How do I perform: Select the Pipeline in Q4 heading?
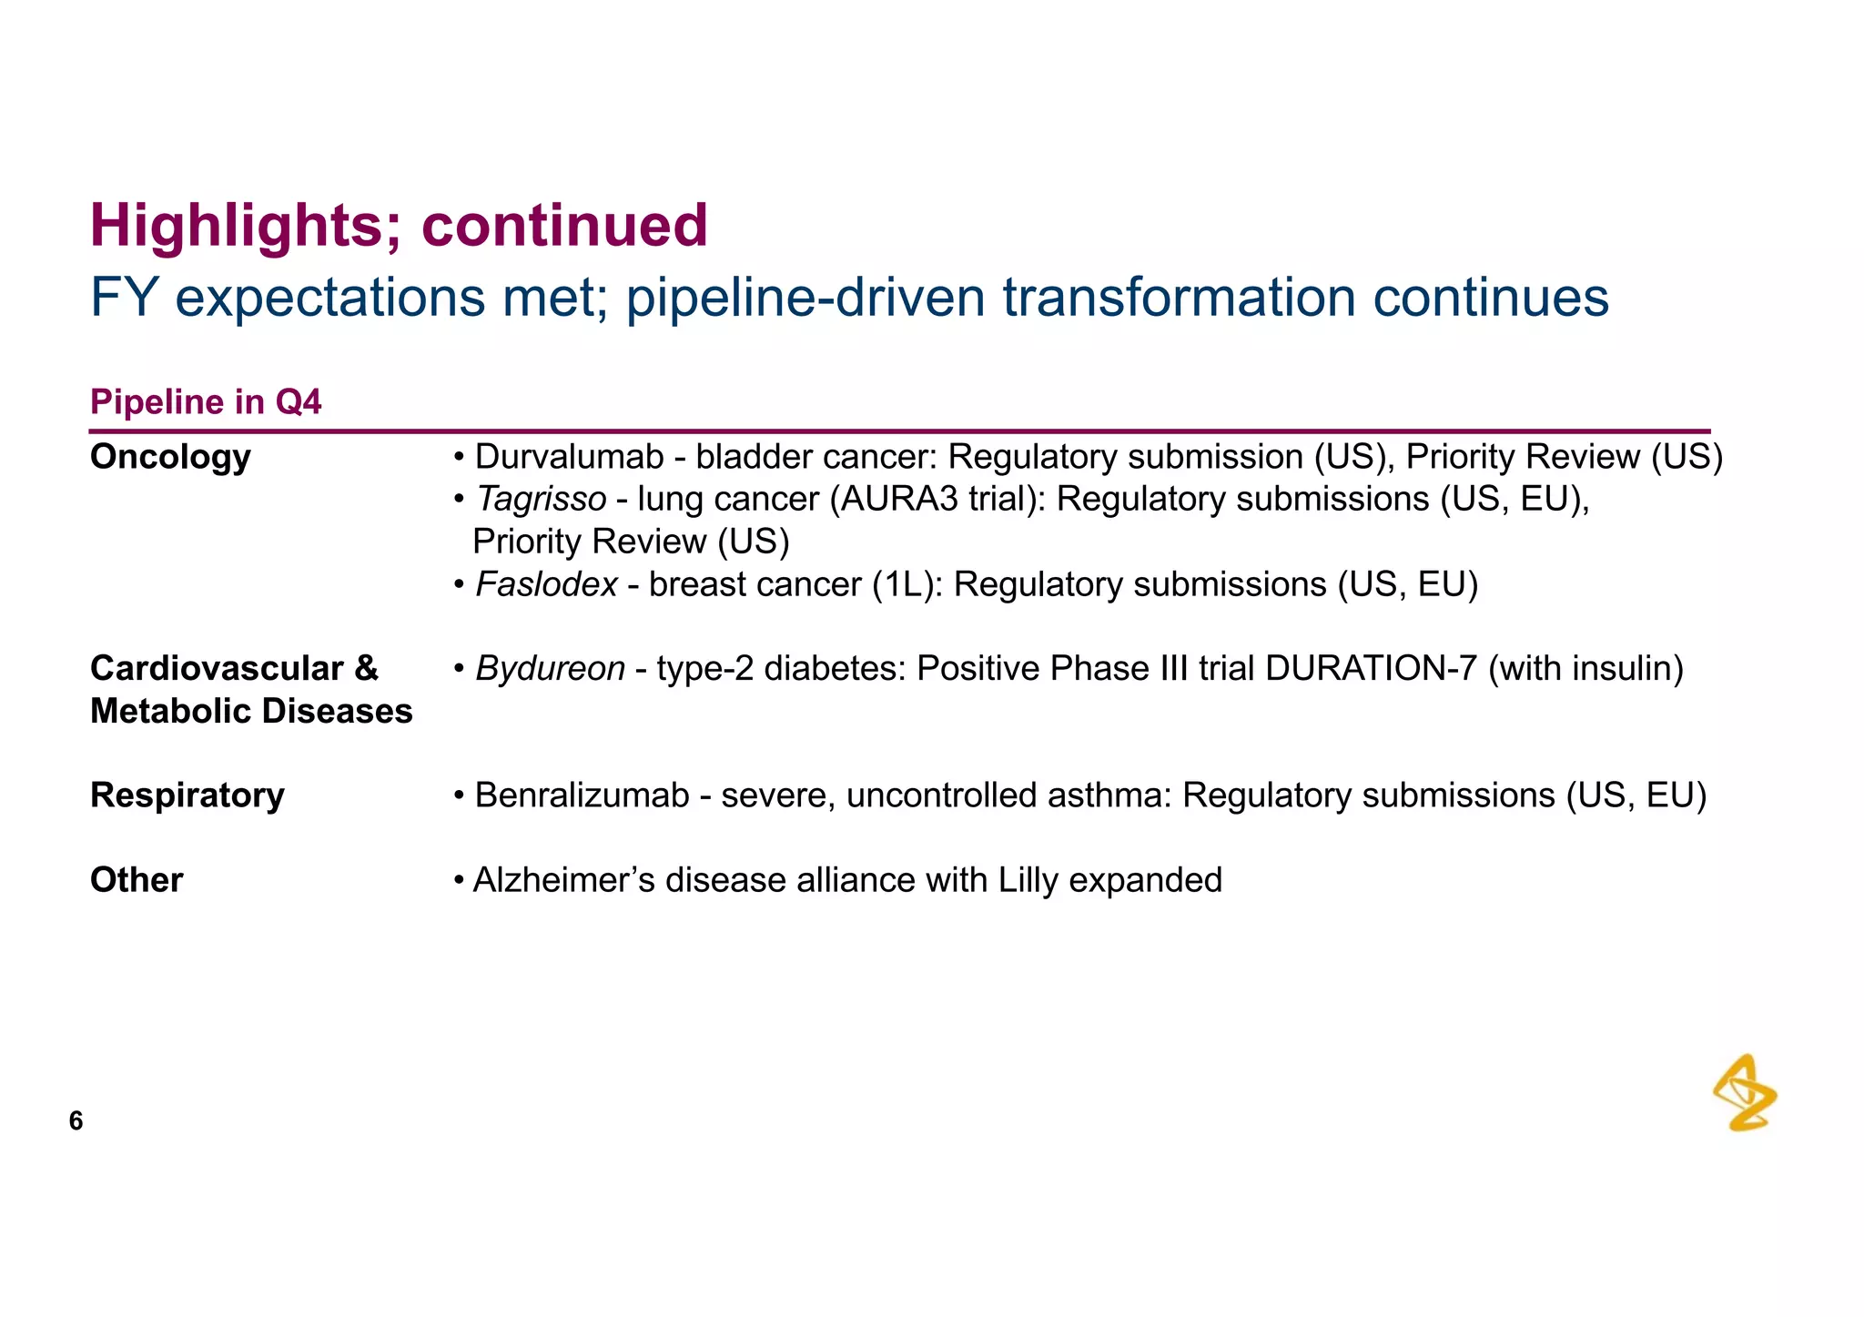pos(206,402)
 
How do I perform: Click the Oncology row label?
pos(170,457)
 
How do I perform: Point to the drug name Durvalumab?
pos(569,457)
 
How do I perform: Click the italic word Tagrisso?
pos(541,500)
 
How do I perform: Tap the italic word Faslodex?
pos(546,584)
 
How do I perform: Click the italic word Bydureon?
pos(550,669)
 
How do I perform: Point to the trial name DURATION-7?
pos(1371,669)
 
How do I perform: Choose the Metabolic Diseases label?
pos(251,712)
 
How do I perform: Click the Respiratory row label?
pos(187,795)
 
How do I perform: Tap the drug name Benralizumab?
pos(582,795)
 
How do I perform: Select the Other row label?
pos(137,880)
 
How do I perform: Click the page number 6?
pos(76,1121)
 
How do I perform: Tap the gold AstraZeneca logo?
pos(1745,1093)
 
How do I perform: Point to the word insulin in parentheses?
pos(1625,669)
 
